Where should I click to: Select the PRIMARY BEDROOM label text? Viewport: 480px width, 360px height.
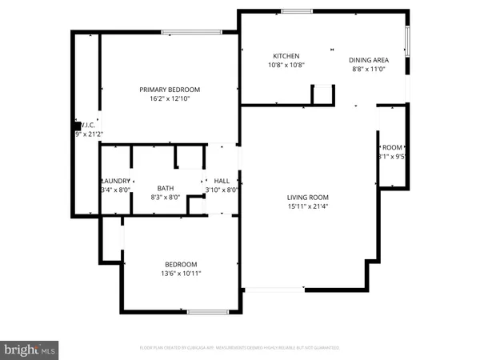point(170,90)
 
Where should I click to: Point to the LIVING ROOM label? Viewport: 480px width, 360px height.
point(308,197)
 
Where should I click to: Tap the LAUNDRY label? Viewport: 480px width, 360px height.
point(116,181)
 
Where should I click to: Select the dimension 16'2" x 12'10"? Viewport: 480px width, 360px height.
point(170,99)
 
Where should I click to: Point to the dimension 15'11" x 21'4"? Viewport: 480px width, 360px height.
point(308,206)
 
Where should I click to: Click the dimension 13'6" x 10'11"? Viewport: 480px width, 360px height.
point(182,274)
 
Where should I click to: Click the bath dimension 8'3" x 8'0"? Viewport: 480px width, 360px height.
point(166,196)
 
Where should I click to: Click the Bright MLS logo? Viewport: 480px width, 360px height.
point(30,350)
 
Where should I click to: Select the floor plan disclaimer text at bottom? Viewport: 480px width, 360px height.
point(240,348)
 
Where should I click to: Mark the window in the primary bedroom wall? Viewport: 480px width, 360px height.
point(192,32)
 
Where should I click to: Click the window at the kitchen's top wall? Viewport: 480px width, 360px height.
point(297,10)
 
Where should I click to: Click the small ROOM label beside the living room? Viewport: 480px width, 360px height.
point(392,148)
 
